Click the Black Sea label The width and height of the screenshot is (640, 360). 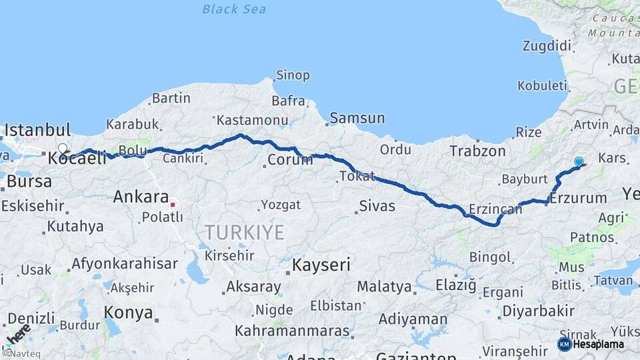234,9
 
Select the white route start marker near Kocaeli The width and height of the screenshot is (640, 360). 63,149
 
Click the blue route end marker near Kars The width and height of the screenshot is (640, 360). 579,161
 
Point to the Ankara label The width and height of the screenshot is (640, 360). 140,197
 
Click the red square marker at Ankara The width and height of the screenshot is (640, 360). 173,204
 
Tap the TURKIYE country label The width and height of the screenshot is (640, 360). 244,233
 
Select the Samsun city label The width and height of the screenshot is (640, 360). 358,119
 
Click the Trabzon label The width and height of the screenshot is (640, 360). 477,151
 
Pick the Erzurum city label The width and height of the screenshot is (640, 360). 579,198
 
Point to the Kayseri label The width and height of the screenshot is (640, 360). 321,265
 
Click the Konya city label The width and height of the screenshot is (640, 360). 128,313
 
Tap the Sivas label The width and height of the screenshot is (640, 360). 377,206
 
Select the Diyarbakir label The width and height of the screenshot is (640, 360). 537,311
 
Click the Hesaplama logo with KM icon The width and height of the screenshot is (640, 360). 591,344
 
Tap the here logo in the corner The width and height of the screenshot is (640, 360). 18,335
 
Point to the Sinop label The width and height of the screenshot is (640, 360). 293,75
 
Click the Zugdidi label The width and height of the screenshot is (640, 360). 547,46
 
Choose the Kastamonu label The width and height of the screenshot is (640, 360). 252,121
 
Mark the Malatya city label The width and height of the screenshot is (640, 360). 384,287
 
